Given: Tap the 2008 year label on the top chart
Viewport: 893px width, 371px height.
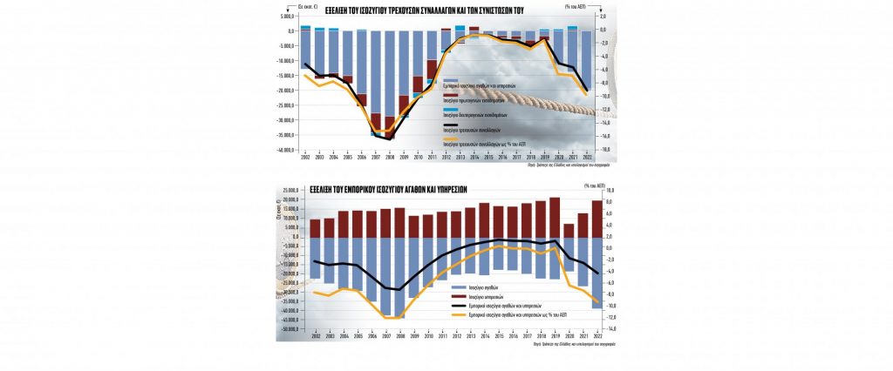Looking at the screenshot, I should click(x=390, y=157).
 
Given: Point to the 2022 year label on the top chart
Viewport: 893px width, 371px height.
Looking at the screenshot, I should click(x=586, y=157).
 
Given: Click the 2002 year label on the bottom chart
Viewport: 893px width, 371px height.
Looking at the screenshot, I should click(x=315, y=336).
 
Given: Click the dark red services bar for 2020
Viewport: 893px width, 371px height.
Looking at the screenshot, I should click(x=569, y=231).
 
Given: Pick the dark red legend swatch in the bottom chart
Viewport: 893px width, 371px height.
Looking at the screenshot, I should click(x=459, y=296).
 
